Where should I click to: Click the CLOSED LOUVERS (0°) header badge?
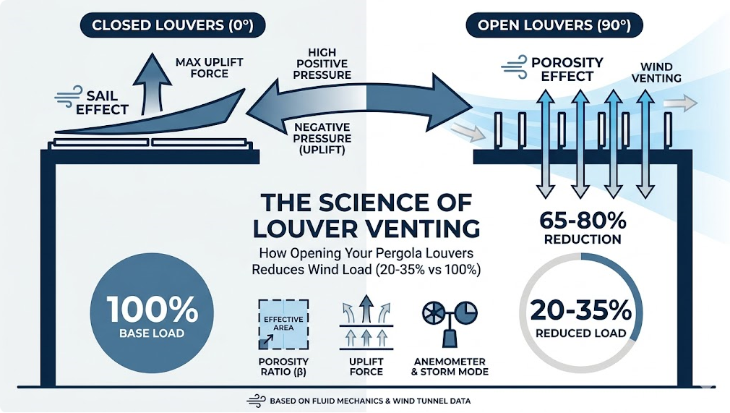point(173,25)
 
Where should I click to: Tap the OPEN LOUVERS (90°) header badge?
point(554,25)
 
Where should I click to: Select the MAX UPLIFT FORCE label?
point(210,67)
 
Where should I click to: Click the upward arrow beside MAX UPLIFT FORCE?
point(153,84)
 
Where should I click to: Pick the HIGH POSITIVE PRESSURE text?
point(322,64)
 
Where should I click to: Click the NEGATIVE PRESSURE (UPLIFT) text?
point(322,138)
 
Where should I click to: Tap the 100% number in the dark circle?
point(153,309)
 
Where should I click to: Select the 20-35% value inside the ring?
point(580,310)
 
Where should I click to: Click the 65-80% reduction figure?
point(583,221)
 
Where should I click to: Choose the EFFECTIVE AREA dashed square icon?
point(283,325)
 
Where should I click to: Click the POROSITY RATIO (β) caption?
point(283,367)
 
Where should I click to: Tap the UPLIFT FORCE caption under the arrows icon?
point(366,367)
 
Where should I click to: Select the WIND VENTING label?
point(656,73)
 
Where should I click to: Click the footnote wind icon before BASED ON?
point(256,401)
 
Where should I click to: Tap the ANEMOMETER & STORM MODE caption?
point(450,367)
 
